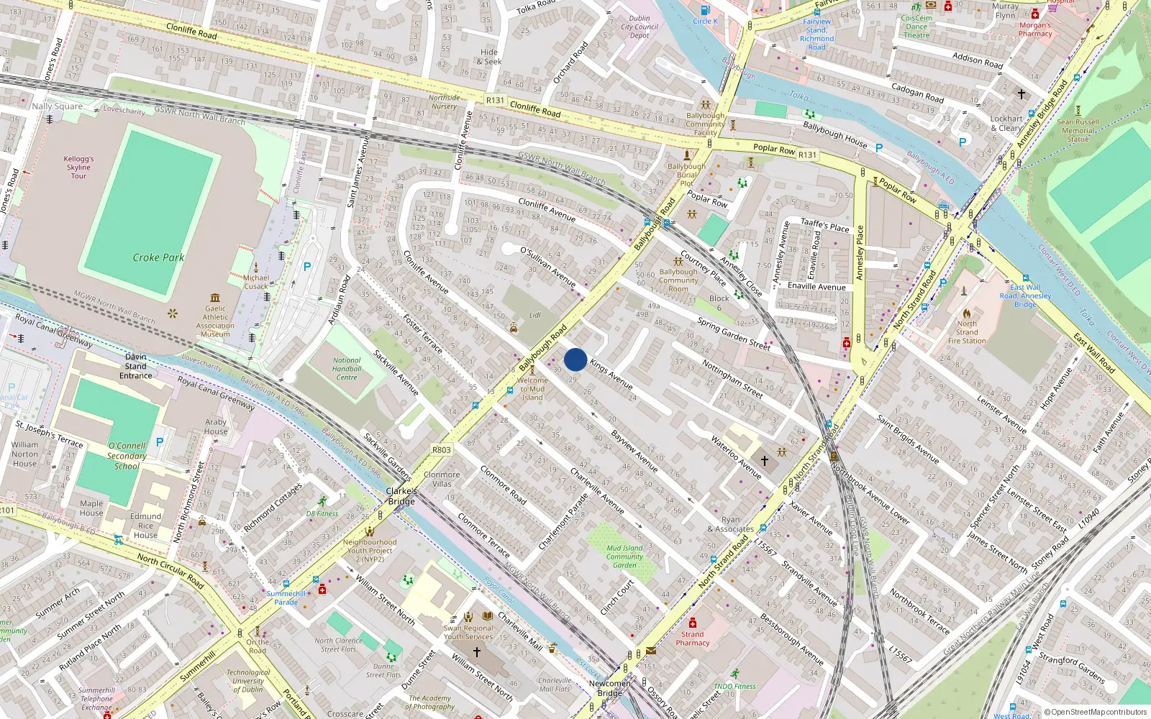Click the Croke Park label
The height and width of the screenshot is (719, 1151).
pyautogui.click(x=158, y=257)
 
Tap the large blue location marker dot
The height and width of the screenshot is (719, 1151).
pyautogui.click(x=575, y=359)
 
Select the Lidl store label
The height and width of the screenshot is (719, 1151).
pyautogui.click(x=534, y=316)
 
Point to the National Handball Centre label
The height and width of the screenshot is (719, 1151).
pyautogui.click(x=347, y=369)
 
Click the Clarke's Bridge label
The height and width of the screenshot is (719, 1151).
pyautogui.click(x=401, y=496)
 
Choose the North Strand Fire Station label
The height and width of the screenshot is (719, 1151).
pyautogui.click(x=967, y=332)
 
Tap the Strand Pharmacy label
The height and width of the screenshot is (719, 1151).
pyautogui.click(x=692, y=638)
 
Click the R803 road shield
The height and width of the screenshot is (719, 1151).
pyautogui.click(x=442, y=450)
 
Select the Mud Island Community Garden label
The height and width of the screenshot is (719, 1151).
pyautogui.click(x=624, y=557)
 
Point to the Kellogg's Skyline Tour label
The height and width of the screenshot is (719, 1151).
pyautogui.click(x=78, y=168)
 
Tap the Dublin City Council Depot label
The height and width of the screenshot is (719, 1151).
pyautogui.click(x=639, y=27)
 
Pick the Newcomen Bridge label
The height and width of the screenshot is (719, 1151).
pyautogui.click(x=609, y=688)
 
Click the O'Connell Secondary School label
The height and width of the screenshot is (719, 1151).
pyautogui.click(x=127, y=456)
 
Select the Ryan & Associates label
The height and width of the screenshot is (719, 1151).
pyautogui.click(x=730, y=524)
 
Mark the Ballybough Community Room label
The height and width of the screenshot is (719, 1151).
pyautogui.click(x=678, y=280)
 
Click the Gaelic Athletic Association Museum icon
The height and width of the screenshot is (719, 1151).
pyautogui.click(x=215, y=298)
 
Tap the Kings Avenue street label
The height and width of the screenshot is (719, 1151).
pyautogui.click(x=611, y=374)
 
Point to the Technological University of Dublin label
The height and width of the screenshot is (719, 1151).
pyautogui.click(x=248, y=681)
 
